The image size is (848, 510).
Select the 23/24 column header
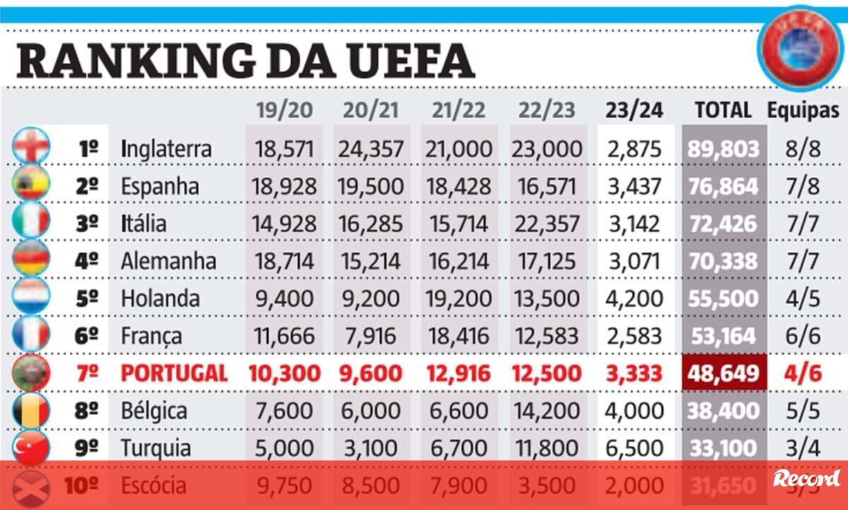click(x=634, y=110)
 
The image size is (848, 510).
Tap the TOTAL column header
click(x=723, y=110)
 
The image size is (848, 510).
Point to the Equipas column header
click(x=803, y=110)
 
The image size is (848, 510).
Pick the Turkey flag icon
click(x=31, y=448)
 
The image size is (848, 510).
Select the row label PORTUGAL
click(x=174, y=373)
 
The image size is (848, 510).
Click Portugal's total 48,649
click(x=724, y=373)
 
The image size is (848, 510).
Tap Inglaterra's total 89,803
click(x=724, y=149)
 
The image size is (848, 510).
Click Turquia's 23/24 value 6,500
click(x=634, y=448)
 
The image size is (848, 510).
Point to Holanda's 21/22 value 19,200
click(x=459, y=299)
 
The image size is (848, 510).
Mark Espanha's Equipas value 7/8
click(x=803, y=187)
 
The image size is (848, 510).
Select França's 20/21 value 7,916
click(x=371, y=336)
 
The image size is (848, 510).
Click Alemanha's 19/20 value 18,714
click(x=283, y=261)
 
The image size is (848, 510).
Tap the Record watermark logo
click(x=806, y=478)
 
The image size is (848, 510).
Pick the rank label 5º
click(x=87, y=299)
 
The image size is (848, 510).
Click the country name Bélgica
click(x=154, y=411)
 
